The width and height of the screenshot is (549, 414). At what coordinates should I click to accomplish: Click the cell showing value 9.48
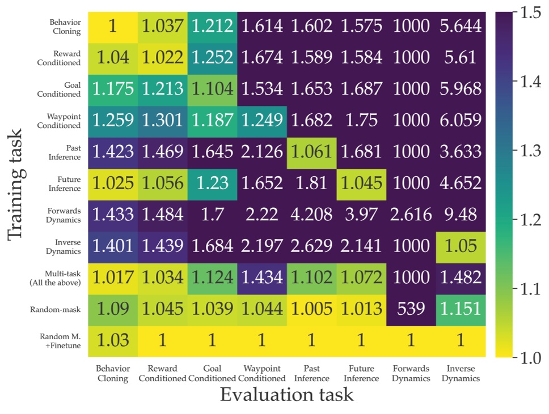[x=460, y=214]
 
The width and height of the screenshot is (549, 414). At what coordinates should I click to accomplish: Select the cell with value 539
[x=411, y=309]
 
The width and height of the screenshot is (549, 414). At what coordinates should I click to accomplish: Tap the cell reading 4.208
[x=311, y=214]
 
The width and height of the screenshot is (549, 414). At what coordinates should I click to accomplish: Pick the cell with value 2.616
[x=411, y=214]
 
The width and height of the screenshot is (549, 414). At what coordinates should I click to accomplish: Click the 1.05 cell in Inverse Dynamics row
[x=460, y=246]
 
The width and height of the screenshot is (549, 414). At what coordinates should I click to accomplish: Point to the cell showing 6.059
[x=460, y=119]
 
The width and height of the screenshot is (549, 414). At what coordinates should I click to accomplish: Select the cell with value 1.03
[x=112, y=340]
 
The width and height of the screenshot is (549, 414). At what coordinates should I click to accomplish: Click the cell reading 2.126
[x=261, y=151]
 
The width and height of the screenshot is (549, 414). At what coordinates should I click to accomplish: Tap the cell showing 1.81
[x=311, y=182]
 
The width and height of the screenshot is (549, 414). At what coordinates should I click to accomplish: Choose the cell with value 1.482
[x=460, y=277]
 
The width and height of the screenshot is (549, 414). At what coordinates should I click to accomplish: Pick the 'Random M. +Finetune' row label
[x=60, y=340]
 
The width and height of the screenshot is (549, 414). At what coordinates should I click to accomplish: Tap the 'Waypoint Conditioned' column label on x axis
[x=261, y=373]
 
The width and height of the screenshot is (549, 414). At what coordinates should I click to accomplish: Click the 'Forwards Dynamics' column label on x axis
[x=411, y=373]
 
